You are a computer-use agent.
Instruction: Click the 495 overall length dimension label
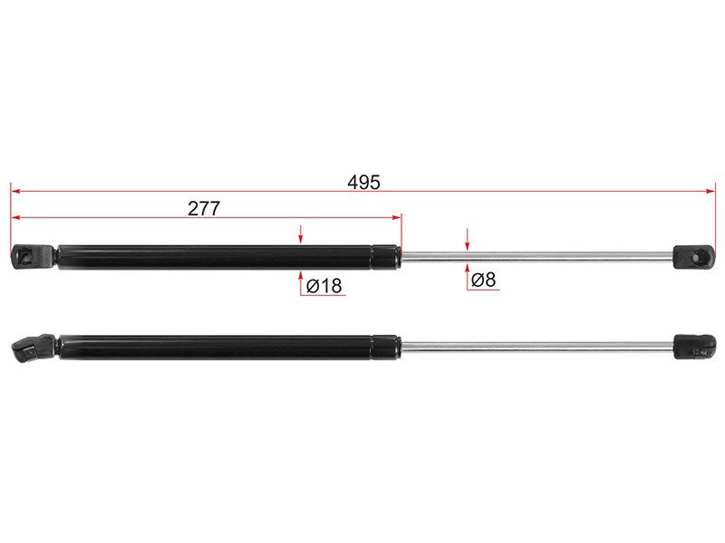[x=363, y=183]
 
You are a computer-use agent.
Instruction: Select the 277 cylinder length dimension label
[x=204, y=209]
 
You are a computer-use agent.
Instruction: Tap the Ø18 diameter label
[x=324, y=286]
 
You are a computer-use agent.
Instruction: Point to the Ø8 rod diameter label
[x=483, y=280]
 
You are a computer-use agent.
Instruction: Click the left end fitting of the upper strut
[x=34, y=257]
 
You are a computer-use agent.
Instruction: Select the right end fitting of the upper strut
[x=693, y=257]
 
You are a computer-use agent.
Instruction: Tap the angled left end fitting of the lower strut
[x=33, y=348]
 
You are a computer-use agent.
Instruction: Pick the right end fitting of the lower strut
[x=694, y=348]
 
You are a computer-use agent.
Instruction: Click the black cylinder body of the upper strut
[x=215, y=257]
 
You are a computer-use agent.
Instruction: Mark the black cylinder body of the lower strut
[x=215, y=348]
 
